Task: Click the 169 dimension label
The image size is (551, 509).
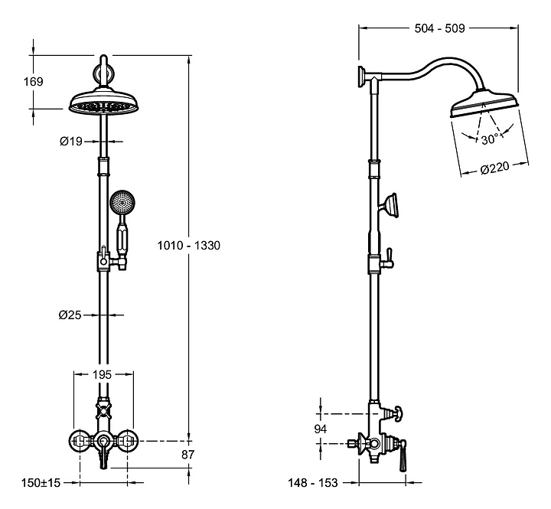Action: click(x=34, y=82)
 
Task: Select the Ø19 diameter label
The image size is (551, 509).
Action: click(x=71, y=142)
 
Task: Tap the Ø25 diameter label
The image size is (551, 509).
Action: click(x=70, y=315)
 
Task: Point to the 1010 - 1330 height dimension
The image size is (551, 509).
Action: click(x=189, y=245)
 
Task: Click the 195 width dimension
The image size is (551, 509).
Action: click(x=102, y=375)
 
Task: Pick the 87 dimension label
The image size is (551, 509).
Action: click(x=187, y=455)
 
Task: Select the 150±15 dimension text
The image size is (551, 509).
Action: click(x=41, y=483)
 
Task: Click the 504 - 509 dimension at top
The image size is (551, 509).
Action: click(x=439, y=28)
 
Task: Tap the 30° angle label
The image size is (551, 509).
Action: click(x=491, y=139)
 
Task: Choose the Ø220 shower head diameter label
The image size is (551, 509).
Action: click(x=495, y=168)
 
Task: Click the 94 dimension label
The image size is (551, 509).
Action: click(x=320, y=429)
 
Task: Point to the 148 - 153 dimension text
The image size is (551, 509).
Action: click(x=313, y=483)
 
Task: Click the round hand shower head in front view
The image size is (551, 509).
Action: click(x=122, y=203)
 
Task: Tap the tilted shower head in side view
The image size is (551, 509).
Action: click(x=484, y=104)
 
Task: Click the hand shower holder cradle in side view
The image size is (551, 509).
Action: click(x=391, y=205)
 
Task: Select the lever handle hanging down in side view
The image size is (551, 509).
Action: click(x=403, y=455)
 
